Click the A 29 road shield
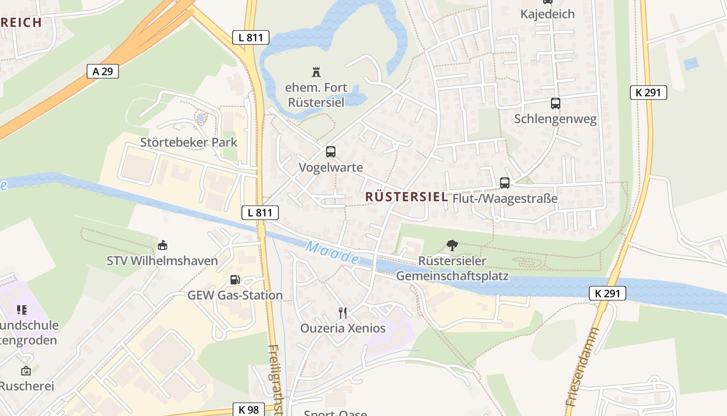[103, 71]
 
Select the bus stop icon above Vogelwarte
[331, 152]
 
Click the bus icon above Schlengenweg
[555, 103]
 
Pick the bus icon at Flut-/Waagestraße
[504, 183]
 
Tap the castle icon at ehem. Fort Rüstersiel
[316, 72]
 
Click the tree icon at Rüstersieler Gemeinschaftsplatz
[452, 245]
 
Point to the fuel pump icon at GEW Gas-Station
[235, 280]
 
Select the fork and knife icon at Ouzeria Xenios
[342, 313]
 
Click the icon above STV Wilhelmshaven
[162, 245]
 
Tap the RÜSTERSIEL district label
[406, 197]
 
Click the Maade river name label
[332, 253]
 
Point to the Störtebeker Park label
[189, 142]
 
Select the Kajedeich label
[547, 14]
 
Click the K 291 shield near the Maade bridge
[608, 293]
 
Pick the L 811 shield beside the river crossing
[260, 212]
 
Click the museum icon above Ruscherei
[25, 371]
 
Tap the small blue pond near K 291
[691, 64]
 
